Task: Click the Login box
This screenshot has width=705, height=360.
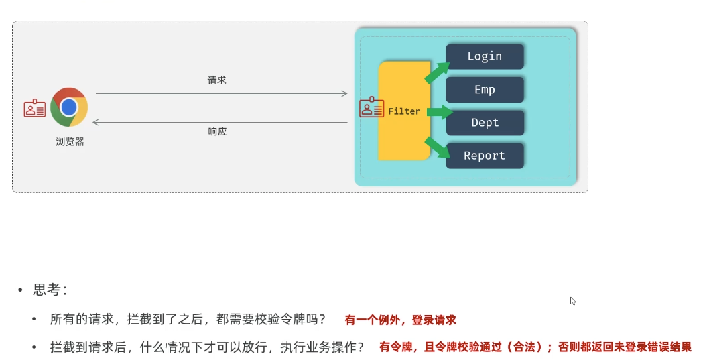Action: coord(485,56)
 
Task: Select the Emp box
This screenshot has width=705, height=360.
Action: coord(485,90)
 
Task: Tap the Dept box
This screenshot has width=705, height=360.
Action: coord(485,123)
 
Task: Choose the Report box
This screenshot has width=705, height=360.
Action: coord(485,156)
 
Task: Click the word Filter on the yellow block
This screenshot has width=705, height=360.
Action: coord(404,111)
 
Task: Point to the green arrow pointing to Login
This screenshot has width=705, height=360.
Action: coord(437,72)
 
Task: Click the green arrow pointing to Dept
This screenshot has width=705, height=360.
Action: coord(439,111)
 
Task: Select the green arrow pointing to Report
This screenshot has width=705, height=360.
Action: coord(437,147)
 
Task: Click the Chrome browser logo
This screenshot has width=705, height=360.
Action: coord(69,107)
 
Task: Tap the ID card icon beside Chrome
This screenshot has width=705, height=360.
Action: coord(35,108)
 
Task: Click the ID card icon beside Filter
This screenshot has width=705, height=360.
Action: coord(372,108)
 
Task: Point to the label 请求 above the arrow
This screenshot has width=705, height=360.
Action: coord(217,80)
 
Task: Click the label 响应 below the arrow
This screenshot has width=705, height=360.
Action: coord(217,132)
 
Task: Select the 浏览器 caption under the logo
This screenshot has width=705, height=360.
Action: coord(70,142)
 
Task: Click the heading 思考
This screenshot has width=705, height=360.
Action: coord(50,290)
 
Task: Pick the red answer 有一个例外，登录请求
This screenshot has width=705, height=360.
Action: coord(400,320)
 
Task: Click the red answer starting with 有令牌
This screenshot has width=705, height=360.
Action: coord(535,347)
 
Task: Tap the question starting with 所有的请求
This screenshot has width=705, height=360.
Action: coord(188,320)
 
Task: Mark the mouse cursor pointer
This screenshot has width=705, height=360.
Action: coord(573,301)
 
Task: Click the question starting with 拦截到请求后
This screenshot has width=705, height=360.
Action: coord(207,347)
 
